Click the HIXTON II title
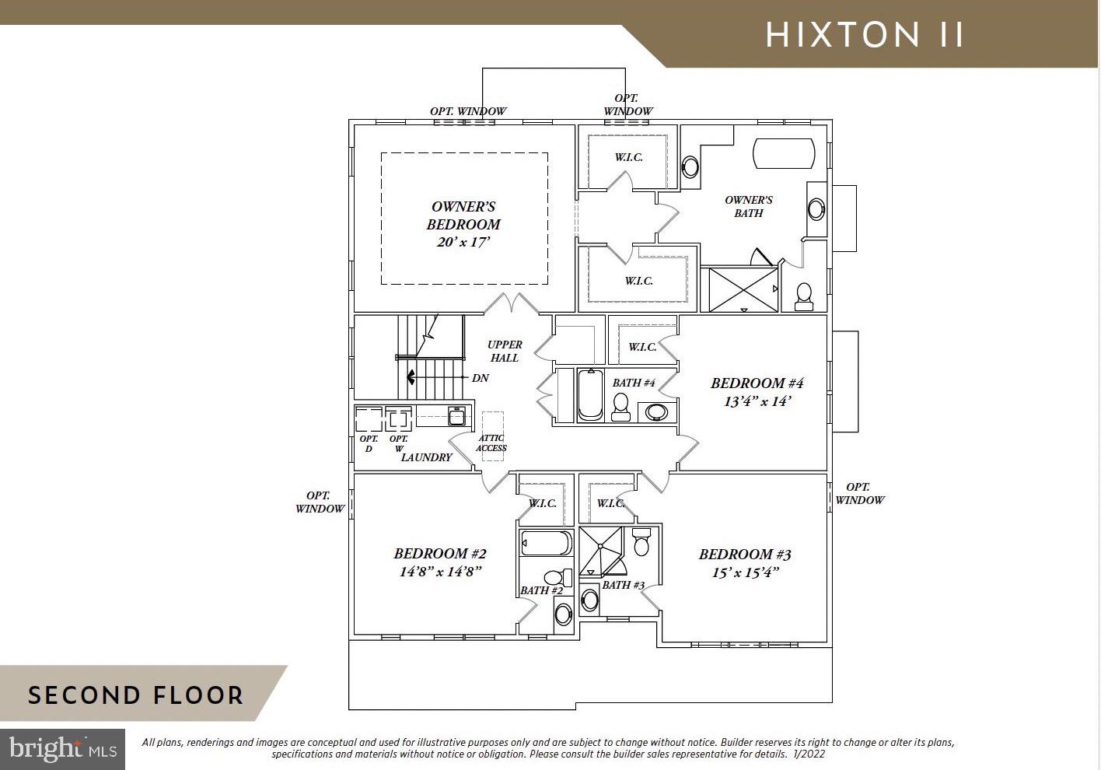(x=865, y=35)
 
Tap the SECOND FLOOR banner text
(x=135, y=695)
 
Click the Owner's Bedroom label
(x=463, y=215)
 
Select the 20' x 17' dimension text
(x=463, y=242)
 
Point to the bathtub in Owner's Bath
(x=784, y=153)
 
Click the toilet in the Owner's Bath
(x=804, y=296)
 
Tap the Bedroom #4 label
(x=757, y=383)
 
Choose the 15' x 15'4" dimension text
(x=746, y=572)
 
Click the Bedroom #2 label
(x=440, y=554)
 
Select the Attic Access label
(x=491, y=443)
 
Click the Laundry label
(x=427, y=457)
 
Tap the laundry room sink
(x=456, y=416)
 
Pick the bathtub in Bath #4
(x=590, y=394)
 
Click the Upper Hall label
(x=505, y=351)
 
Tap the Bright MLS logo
(x=63, y=749)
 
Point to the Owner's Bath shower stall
(x=743, y=289)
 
